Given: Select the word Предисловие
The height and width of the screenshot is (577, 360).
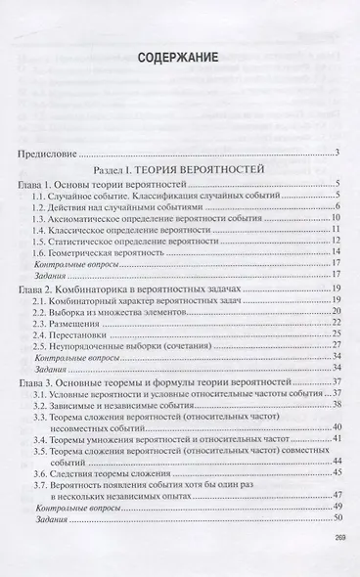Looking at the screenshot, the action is click(50, 154).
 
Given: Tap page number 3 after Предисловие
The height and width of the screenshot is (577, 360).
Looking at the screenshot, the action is click(337, 154).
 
